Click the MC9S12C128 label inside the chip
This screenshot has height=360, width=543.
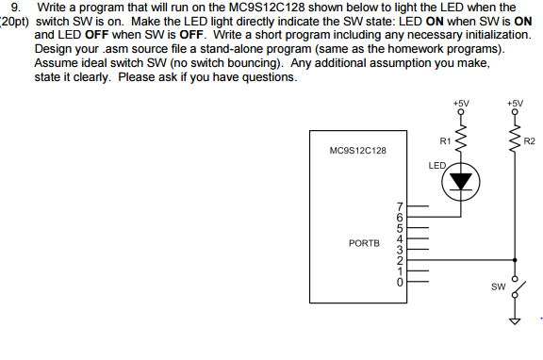357,150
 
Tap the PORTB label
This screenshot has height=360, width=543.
364,242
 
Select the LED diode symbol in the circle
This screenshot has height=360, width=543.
462,181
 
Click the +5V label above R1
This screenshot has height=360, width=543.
460,99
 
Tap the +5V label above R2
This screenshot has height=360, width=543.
514,99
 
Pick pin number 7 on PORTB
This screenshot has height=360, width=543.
400,205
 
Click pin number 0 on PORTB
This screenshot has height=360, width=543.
400,281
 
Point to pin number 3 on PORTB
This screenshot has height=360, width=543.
400,249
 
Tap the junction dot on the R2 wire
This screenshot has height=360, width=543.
515,259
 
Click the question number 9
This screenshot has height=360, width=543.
14,7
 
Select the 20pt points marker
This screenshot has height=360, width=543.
16,20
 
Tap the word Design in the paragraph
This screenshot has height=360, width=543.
54,48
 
